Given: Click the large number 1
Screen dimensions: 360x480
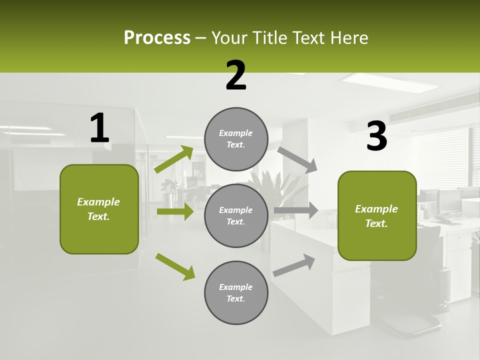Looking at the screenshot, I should (x=99, y=128).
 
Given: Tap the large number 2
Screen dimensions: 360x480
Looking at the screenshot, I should (x=236, y=75).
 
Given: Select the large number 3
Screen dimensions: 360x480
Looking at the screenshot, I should (x=377, y=137).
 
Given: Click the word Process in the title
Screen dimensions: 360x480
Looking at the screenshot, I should (x=157, y=37).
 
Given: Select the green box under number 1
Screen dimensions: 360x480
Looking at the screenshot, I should (x=99, y=209).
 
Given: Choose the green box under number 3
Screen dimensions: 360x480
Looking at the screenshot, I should (x=377, y=216).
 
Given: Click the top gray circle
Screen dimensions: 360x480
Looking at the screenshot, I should (x=236, y=139).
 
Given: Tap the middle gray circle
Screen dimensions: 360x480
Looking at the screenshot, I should (x=236, y=216).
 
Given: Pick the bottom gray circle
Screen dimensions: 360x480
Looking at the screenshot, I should (x=236, y=293).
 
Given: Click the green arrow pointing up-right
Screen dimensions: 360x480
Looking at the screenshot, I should (x=174, y=159).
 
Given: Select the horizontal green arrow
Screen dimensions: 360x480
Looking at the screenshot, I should (x=175, y=211).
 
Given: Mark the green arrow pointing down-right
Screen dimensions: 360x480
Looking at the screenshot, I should (x=175, y=266).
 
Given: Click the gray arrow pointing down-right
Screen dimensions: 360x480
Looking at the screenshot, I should (x=297, y=159).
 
